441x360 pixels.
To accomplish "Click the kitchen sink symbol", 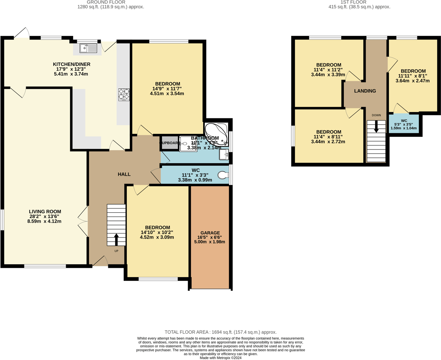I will click(x=88, y=48).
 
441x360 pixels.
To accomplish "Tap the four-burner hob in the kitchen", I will click(x=124, y=95).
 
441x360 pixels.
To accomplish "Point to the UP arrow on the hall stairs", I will click(x=116, y=239).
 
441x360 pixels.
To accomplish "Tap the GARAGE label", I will click(x=210, y=233).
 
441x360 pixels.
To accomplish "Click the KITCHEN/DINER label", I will click(x=71, y=64).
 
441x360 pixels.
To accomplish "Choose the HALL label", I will click(x=124, y=174).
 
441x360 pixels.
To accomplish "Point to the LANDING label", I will click(x=365, y=91).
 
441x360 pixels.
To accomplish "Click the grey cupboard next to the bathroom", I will click(x=169, y=143).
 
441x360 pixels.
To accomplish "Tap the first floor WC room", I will click(x=404, y=125).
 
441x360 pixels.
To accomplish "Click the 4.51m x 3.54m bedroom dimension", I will click(x=167, y=94).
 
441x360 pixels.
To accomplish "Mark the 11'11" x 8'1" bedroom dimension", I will click(x=413, y=76).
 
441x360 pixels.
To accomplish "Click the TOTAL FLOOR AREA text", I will click(x=220, y=332).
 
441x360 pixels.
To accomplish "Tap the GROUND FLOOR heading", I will click(x=111, y=2).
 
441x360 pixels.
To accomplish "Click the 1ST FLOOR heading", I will click(x=359, y=2).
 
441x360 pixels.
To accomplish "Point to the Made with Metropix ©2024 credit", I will click(x=220, y=358).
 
